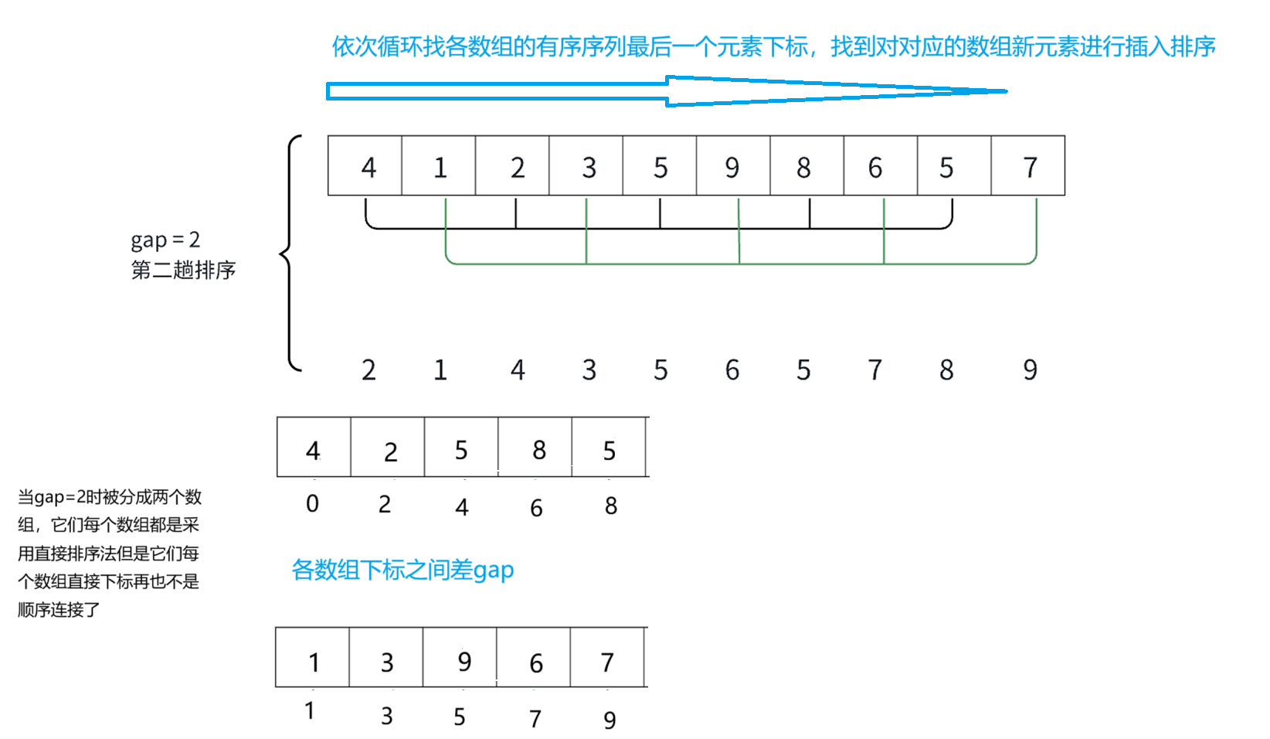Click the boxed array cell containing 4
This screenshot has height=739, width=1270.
click(365, 166)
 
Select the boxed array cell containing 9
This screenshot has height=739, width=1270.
click(732, 166)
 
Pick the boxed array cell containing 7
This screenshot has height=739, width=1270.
click(1028, 166)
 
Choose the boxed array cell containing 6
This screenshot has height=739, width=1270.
click(880, 166)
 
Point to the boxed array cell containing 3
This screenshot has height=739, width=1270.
click(586, 166)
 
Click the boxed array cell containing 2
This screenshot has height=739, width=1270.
click(513, 166)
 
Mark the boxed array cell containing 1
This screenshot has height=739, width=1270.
click(439, 166)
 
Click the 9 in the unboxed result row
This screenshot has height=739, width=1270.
click(1030, 370)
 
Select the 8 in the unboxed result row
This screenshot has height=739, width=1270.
click(946, 370)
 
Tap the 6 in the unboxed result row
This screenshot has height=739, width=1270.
click(732, 370)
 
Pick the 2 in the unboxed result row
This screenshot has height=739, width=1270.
click(368, 370)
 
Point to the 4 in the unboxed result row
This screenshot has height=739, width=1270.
click(518, 370)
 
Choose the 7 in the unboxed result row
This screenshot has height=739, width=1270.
click(874, 370)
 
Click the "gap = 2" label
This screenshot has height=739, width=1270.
click(165, 240)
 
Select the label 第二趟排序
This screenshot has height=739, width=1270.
click(183, 270)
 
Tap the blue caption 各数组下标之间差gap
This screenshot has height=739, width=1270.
click(402, 570)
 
